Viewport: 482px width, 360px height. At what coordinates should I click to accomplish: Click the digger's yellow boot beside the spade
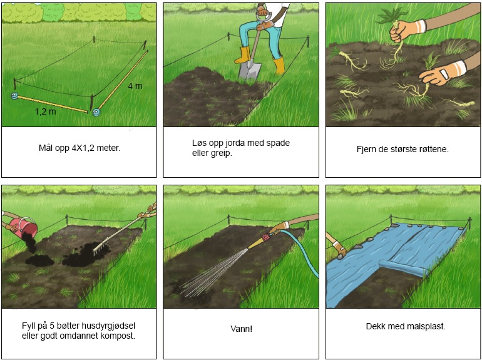click(x=278, y=65)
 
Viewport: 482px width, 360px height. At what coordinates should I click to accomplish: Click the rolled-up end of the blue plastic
click(x=401, y=272)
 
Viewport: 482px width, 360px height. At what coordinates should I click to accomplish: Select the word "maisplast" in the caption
click(x=424, y=327)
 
